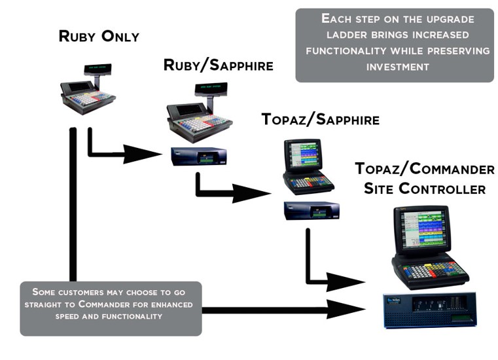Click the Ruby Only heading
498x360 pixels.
99,36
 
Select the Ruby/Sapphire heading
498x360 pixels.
218,65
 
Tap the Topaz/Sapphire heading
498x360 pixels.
320,119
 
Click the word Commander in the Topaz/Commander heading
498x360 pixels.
452,169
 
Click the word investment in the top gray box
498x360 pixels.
397,67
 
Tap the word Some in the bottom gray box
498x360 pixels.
44,291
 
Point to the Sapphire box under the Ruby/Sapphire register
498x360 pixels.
198,156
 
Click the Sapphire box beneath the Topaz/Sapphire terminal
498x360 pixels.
311,210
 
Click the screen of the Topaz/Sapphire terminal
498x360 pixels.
302,155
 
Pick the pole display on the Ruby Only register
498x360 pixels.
98,67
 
